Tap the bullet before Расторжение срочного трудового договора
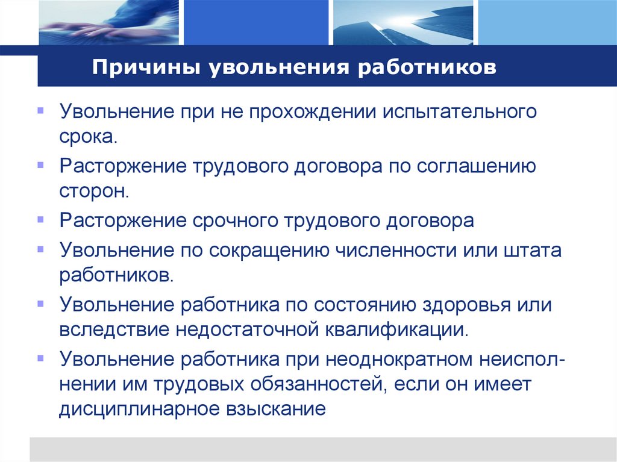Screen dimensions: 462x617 point(40,220)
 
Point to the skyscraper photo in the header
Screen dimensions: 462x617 point(401,22)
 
